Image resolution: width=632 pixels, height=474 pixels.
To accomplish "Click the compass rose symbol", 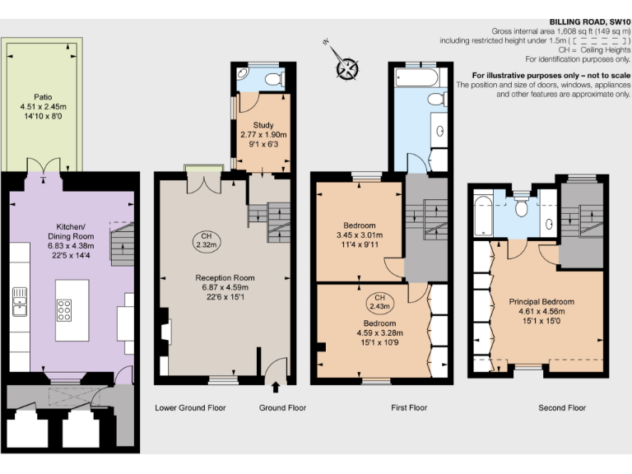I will [347, 67].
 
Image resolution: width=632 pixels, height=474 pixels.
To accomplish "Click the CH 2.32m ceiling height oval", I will [205, 240].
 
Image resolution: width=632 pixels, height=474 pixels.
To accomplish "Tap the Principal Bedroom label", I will [541, 301].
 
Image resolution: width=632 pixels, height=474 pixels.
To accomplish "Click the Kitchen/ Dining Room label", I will [71, 226].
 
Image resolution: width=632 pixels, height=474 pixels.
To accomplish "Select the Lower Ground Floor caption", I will [190, 407].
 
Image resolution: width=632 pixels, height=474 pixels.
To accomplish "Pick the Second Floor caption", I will [561, 407].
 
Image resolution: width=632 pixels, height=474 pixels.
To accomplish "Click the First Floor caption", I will [408, 407].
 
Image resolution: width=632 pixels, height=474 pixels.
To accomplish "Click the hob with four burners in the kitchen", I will [64, 309].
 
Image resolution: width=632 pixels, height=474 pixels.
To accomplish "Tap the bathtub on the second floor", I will [483, 212].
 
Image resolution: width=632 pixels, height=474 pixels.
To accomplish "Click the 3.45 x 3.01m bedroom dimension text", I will [360, 235].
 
